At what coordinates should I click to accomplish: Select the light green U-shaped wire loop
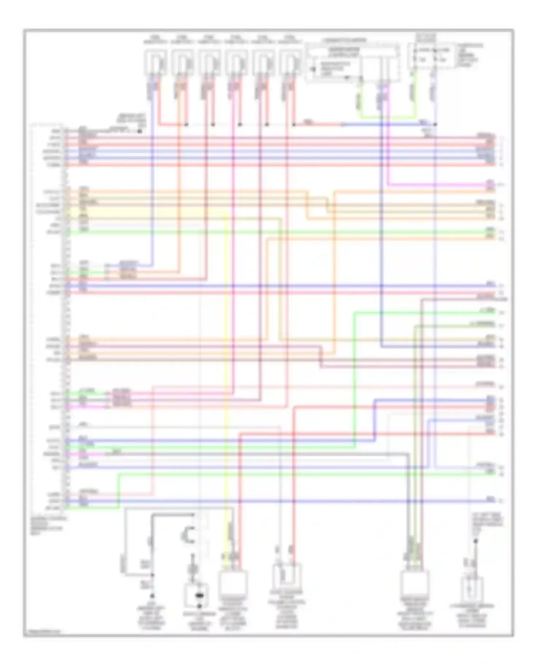(387, 117)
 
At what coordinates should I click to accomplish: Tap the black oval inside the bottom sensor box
(199, 596)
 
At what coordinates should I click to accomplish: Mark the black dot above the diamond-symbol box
(476, 541)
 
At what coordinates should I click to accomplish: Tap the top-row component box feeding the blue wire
(156, 62)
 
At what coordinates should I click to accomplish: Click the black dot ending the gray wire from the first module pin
(139, 130)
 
